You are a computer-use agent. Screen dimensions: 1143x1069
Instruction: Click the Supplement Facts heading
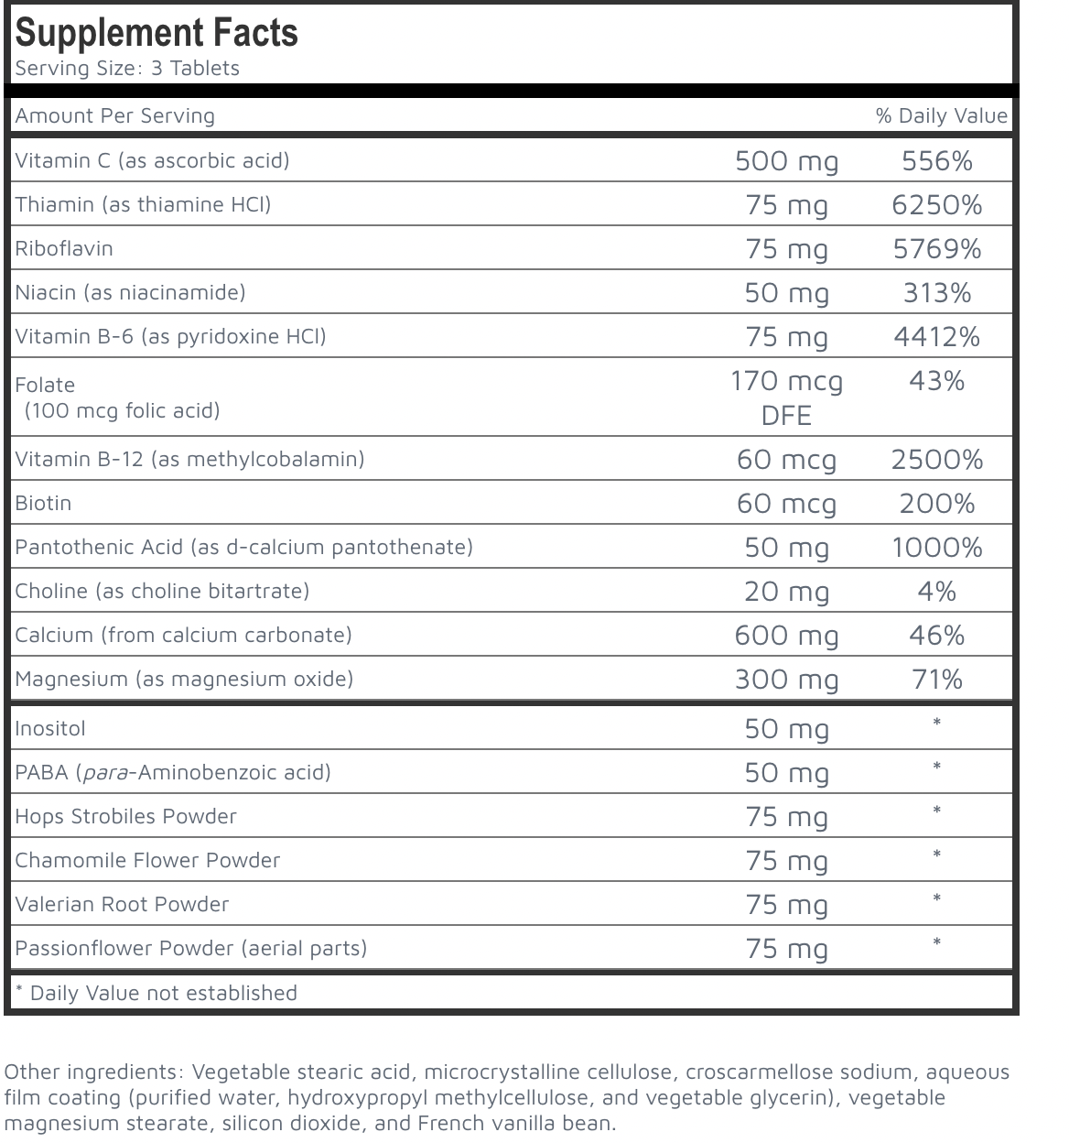pos(157,33)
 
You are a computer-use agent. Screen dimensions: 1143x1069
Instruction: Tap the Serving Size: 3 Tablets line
pos(127,69)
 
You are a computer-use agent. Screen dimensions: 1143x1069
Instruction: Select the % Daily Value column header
pos(941,115)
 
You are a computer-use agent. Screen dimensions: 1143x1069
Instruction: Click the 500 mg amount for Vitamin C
pos(786,161)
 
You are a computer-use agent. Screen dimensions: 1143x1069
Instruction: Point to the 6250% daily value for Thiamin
pos(936,205)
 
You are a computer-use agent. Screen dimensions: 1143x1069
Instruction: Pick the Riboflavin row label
pos(64,248)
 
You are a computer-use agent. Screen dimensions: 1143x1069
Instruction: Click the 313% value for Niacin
pos(936,293)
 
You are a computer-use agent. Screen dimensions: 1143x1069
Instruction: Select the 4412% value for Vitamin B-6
pos(936,337)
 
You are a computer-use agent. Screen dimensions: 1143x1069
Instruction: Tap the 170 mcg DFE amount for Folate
pos(786,397)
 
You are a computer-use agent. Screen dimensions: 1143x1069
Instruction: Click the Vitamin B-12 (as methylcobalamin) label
pos(189,459)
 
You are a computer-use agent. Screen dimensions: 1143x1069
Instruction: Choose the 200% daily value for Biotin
pos(936,504)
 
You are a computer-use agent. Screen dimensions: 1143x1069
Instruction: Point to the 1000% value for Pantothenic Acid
pos(936,548)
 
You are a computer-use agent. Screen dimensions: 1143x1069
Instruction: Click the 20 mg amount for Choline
pos(786,592)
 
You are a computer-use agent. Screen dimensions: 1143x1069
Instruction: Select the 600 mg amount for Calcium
pos(786,636)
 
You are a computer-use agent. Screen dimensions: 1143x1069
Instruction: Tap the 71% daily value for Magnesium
pos(936,680)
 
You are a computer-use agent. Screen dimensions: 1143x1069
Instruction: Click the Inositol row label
pos(50,729)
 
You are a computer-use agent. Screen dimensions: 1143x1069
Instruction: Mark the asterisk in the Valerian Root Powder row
pos(936,899)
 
